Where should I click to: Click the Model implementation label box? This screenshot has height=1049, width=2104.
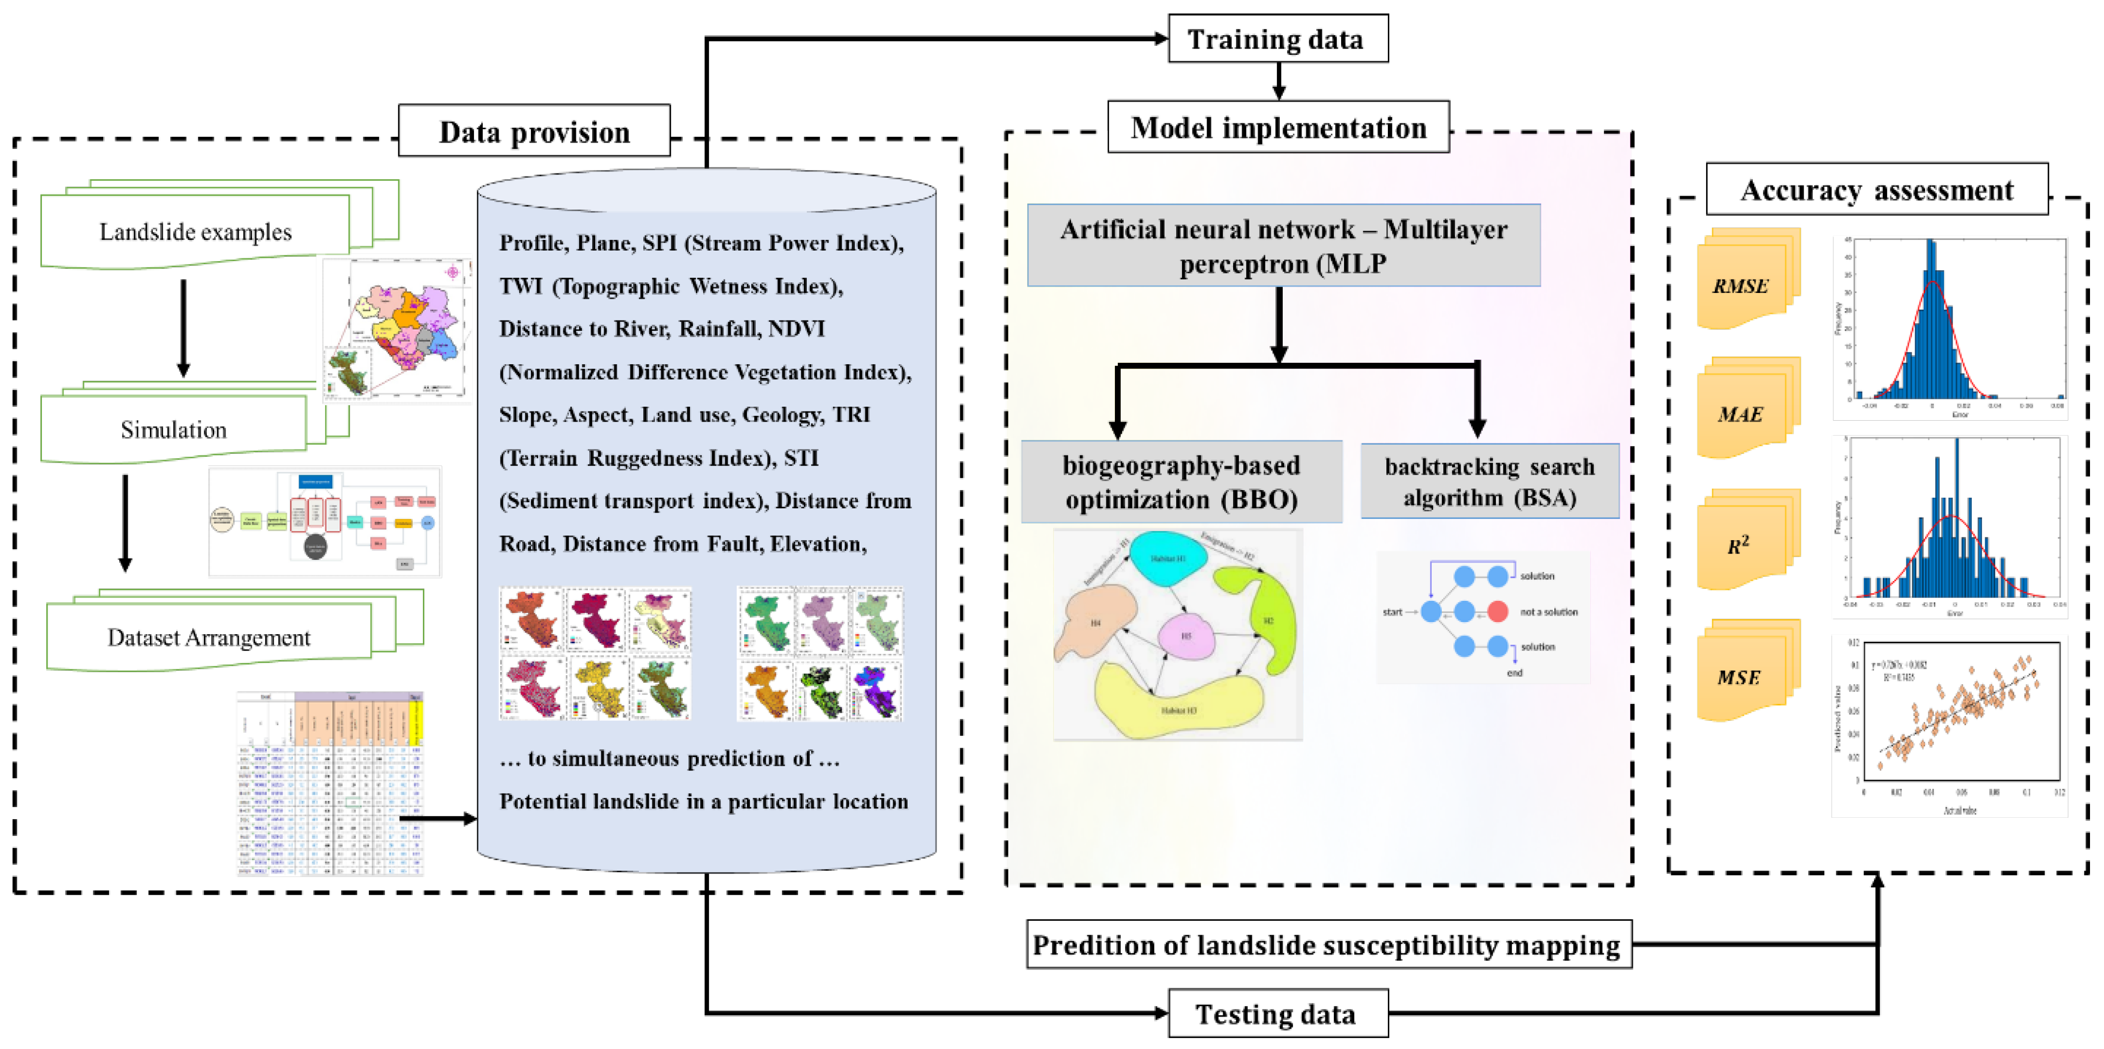point(1278,127)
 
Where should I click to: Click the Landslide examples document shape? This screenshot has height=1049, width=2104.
point(196,232)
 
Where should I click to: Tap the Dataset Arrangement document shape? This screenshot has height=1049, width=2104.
point(209,637)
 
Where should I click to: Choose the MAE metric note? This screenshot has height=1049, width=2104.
point(1743,414)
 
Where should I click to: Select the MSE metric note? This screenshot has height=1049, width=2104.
point(1743,677)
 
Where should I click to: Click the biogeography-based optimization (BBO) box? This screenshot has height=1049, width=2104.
point(1181,482)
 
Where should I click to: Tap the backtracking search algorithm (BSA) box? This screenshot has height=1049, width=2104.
point(1489,482)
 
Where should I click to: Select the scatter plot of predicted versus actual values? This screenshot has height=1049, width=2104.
point(1951,725)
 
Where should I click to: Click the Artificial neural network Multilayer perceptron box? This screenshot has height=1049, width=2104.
point(1283,245)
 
